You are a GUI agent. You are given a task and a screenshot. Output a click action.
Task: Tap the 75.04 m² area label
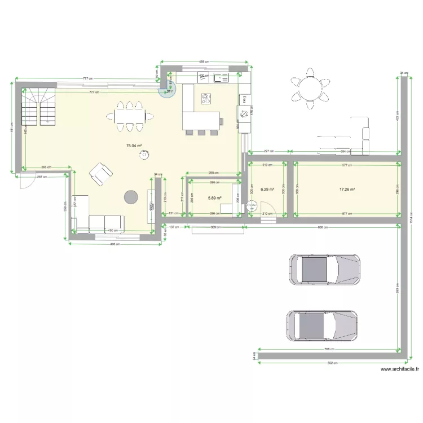click(133, 146)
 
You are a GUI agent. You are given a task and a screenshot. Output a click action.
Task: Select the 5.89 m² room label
click(214, 198)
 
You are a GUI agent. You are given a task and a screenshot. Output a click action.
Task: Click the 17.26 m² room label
click(346, 190)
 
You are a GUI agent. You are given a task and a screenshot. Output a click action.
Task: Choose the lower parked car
click(321, 325)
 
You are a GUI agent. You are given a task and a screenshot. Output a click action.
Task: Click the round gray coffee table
click(131, 196)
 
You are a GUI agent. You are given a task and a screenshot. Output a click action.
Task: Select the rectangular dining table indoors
click(130, 116)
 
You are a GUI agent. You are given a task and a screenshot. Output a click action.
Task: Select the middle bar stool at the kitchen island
click(200, 133)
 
